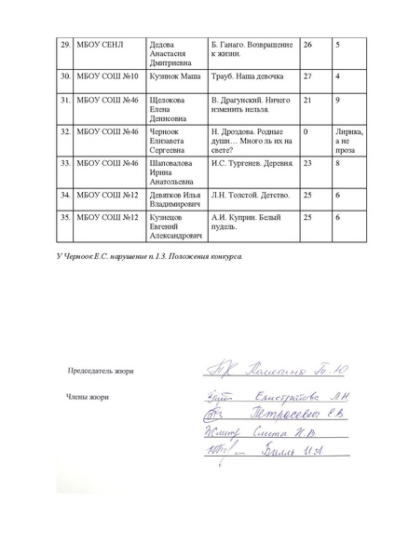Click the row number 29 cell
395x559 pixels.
[x=39, y=44]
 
